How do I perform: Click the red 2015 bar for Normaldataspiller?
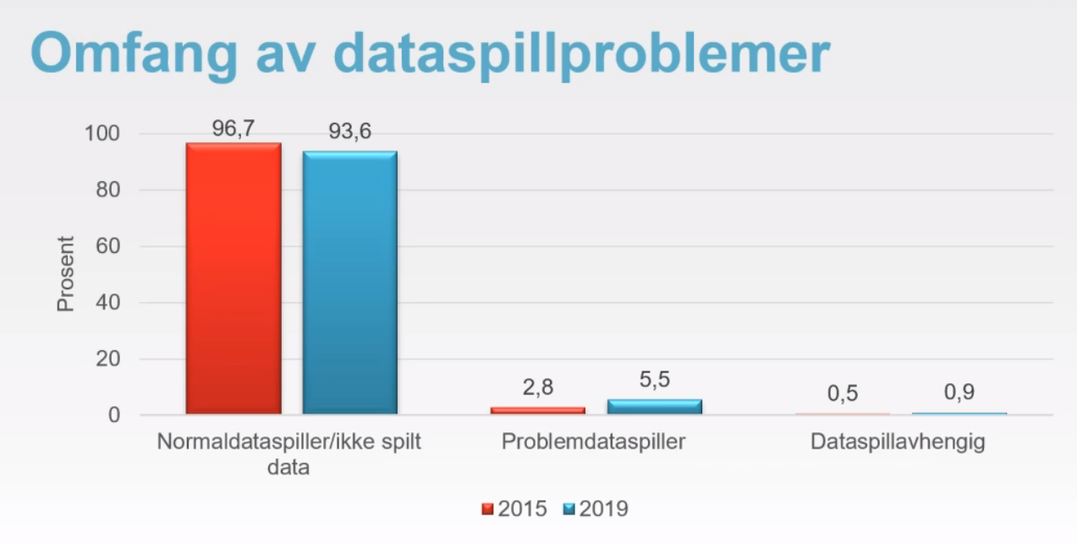click(x=234, y=278)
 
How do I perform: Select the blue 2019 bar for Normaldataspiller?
click(x=349, y=283)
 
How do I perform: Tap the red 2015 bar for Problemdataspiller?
click(x=537, y=409)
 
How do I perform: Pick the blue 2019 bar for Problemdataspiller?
click(x=654, y=406)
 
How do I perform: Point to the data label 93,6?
click(x=349, y=132)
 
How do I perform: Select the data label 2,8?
click(x=537, y=388)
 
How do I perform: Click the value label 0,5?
click(x=843, y=394)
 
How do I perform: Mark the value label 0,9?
click(x=959, y=393)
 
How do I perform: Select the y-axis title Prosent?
click(x=66, y=274)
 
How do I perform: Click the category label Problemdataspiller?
click(x=592, y=442)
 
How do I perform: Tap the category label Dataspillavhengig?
click(x=898, y=442)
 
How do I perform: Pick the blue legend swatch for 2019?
click(x=569, y=509)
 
